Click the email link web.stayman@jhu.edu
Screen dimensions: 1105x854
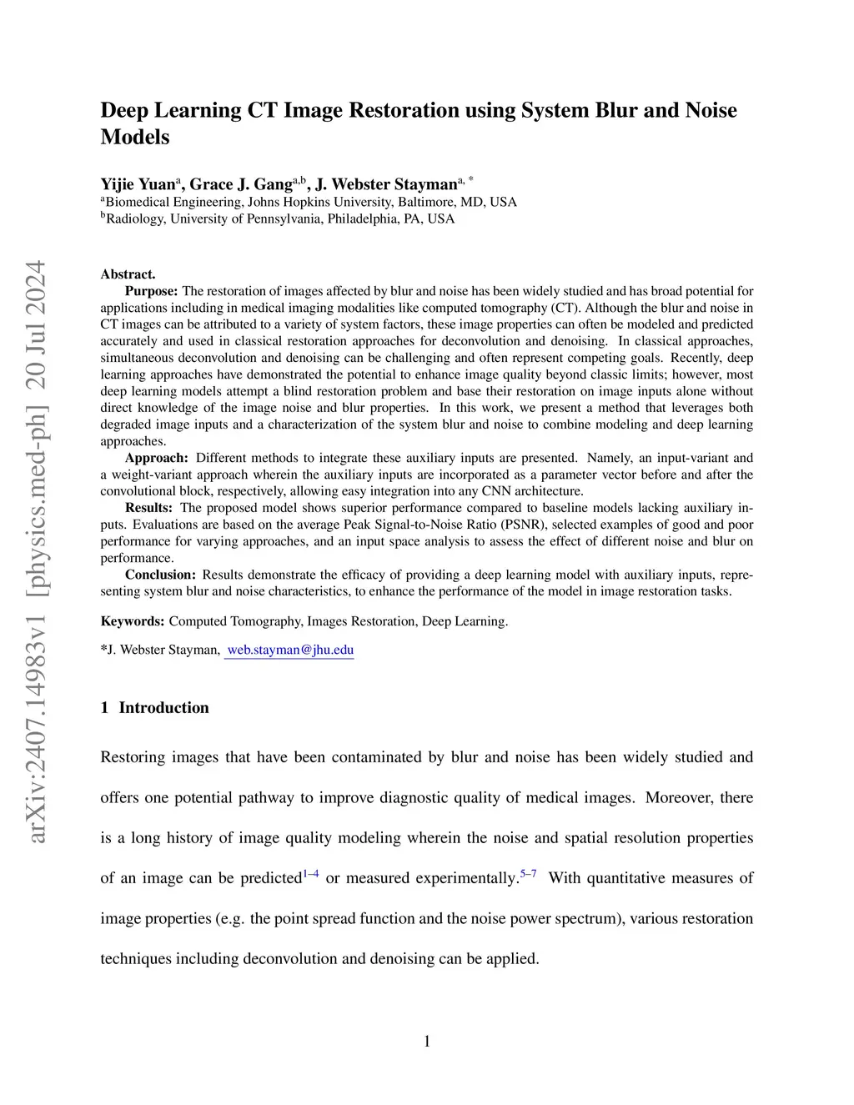290,650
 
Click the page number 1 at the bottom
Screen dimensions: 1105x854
427,1041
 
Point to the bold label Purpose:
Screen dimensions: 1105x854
151,291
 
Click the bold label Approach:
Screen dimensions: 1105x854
156,458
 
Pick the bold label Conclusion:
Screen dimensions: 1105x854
160,575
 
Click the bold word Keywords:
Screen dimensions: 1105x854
133,621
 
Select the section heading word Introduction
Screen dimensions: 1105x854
163,707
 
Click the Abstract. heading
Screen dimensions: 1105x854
128,274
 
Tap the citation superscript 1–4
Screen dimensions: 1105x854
310,874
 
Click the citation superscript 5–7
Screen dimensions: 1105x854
529,874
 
